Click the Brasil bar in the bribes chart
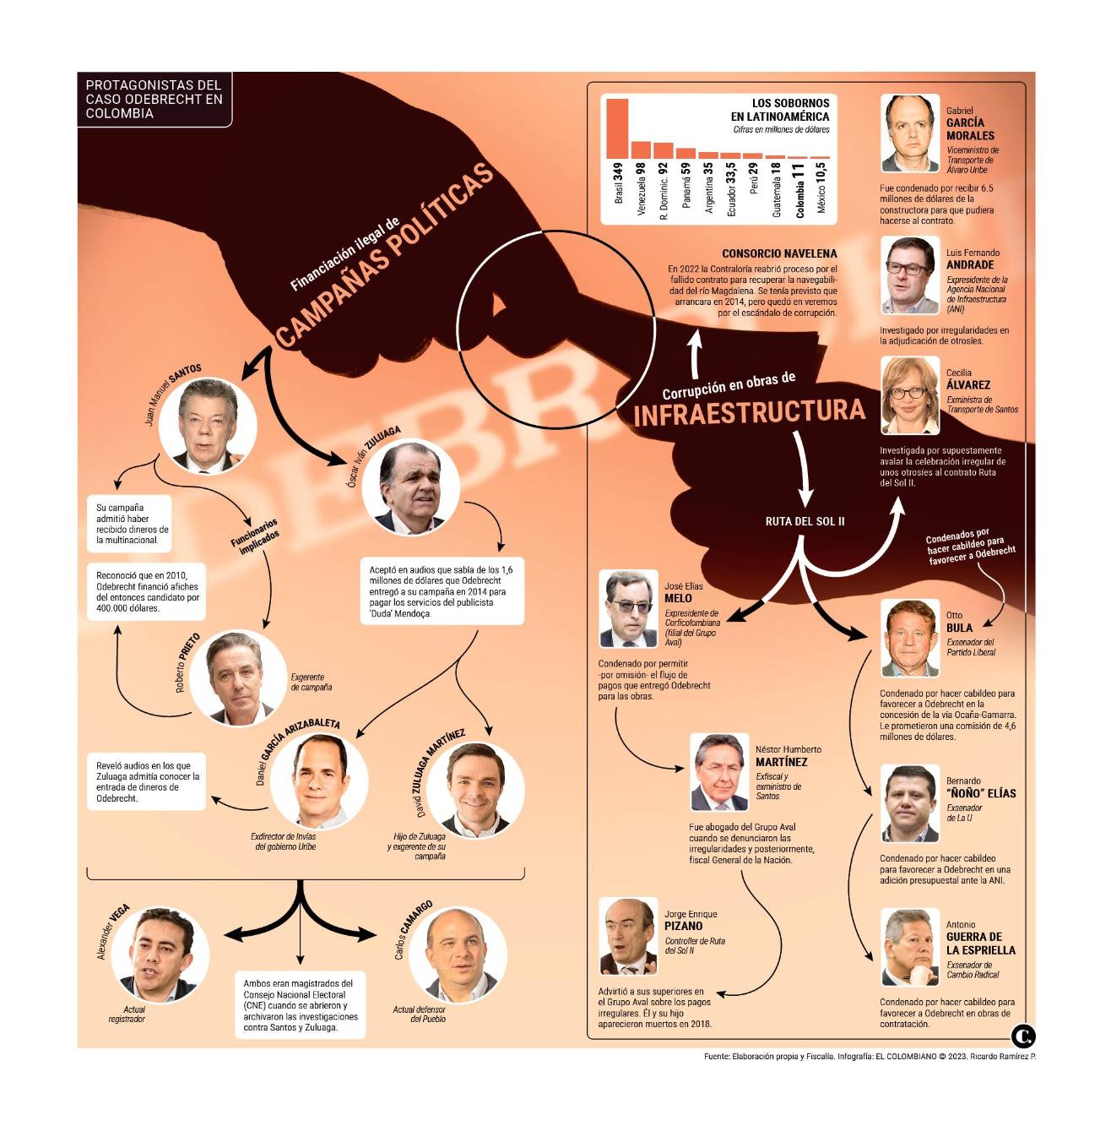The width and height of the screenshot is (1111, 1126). (x=617, y=128)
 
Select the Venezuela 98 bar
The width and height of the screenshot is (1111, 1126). (x=641, y=150)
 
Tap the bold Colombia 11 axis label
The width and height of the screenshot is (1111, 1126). (x=799, y=191)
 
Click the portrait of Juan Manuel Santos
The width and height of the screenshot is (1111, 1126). (x=208, y=426)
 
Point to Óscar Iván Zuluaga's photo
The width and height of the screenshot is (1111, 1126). (x=410, y=487)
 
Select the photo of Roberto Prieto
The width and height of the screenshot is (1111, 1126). (x=238, y=677)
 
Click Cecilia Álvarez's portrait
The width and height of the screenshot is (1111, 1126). (x=910, y=395)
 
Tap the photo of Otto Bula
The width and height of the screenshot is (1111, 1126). (x=910, y=638)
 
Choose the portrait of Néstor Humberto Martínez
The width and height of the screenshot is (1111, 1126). (x=719, y=772)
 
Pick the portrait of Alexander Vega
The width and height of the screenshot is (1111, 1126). (x=160, y=955)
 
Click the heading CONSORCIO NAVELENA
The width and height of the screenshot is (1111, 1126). (x=779, y=253)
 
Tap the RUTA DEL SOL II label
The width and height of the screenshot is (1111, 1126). (x=805, y=521)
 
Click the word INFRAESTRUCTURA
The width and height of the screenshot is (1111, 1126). (x=750, y=412)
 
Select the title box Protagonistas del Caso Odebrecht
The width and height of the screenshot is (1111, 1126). (x=154, y=100)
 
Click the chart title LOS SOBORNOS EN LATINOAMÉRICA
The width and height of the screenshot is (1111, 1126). (x=780, y=110)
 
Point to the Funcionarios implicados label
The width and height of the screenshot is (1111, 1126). (x=255, y=536)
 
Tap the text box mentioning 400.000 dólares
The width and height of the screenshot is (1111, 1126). (x=147, y=592)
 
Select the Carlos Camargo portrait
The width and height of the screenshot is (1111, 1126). (x=458, y=955)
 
